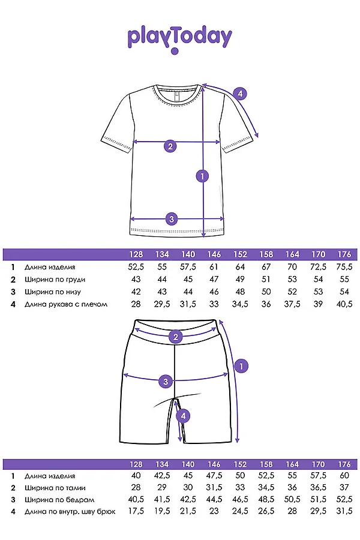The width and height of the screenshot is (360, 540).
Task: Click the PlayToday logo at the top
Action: [x=179, y=37]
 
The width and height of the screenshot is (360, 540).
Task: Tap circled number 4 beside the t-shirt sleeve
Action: [x=239, y=94]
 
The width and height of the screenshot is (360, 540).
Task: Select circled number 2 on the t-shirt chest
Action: [x=170, y=146]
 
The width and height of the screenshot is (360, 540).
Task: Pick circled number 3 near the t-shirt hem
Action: [x=172, y=219]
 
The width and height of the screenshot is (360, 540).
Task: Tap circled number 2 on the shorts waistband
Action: [x=176, y=337]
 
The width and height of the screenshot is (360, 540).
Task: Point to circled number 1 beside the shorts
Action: [x=241, y=365]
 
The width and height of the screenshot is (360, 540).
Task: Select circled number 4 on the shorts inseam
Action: [x=184, y=415]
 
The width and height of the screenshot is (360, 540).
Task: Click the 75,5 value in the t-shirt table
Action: [x=344, y=267]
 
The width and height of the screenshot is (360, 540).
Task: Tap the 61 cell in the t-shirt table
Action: [x=214, y=267]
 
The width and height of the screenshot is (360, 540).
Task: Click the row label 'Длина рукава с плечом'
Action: [x=66, y=304]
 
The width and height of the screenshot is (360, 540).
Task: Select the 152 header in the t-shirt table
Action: [x=241, y=254]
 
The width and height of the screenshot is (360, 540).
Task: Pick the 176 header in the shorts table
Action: [x=344, y=464]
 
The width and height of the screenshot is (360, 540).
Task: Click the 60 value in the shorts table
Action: [x=344, y=475]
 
